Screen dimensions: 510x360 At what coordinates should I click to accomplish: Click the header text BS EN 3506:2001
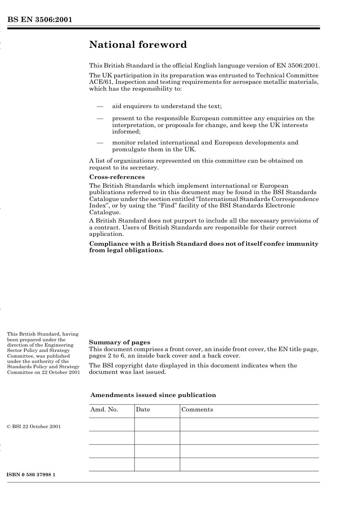point(39,20)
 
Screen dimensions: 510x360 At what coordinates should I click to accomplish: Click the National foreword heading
point(138,45)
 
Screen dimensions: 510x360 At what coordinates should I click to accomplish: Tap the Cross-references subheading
point(117,177)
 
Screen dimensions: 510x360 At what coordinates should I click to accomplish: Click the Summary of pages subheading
point(119,342)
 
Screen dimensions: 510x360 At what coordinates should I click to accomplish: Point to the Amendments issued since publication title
point(153,395)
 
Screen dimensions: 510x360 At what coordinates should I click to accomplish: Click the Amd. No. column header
point(104,410)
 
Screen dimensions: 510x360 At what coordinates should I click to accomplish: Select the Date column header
point(143,410)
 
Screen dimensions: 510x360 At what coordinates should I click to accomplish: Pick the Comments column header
point(197,410)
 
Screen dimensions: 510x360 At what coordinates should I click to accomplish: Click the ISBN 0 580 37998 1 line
point(31,475)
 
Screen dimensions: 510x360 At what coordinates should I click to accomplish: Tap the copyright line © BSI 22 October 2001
point(34,427)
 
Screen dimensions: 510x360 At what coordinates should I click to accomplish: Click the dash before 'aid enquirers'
point(100,107)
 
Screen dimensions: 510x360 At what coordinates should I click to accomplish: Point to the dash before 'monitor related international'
point(100,143)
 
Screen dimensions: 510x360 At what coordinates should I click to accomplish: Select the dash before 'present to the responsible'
point(100,119)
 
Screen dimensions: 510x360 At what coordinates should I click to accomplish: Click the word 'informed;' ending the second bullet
point(126,132)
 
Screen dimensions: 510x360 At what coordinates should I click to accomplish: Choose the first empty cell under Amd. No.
point(111,425)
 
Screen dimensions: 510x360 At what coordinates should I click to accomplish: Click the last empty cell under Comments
point(249,464)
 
